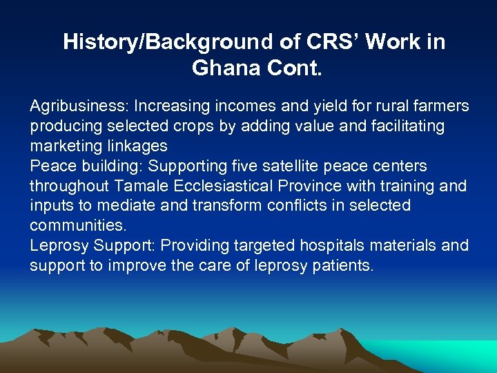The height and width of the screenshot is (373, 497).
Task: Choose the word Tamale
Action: click(139, 186)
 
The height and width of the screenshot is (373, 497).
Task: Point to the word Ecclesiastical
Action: click(231, 186)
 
